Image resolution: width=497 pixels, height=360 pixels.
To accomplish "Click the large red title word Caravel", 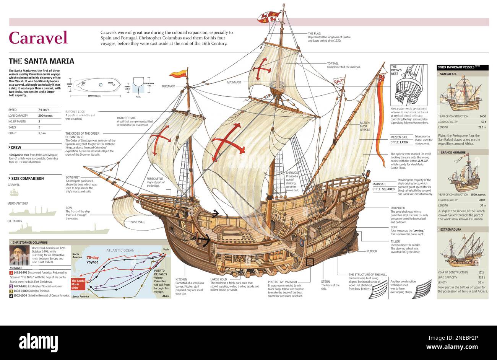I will click(38, 37).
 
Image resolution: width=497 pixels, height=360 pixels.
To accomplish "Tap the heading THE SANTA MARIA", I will click(41, 61).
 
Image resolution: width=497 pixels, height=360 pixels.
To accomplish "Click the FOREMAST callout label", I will click(168, 86).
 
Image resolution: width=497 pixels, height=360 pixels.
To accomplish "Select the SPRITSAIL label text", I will click(138, 222).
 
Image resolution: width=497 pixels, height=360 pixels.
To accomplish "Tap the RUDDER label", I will click(372, 251).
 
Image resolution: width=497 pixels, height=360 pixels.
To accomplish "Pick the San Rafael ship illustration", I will click(462, 95).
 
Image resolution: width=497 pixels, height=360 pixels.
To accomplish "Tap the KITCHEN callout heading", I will click(181, 280).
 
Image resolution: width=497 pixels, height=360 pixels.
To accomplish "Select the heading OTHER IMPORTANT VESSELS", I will click(456, 67).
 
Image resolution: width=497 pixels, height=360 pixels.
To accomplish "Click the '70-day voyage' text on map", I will click(92, 260).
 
